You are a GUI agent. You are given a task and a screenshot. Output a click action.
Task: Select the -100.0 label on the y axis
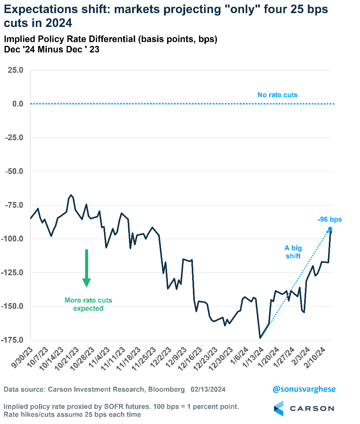(x=13, y=239)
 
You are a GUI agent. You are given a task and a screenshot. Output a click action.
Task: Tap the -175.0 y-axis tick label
(x=13, y=340)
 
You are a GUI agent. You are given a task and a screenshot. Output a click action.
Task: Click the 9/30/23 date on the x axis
(x=22, y=355)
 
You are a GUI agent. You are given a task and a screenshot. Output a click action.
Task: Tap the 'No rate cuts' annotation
(x=277, y=95)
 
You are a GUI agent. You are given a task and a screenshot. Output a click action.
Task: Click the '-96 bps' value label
(x=330, y=220)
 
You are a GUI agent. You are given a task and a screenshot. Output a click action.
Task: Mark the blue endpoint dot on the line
(x=330, y=229)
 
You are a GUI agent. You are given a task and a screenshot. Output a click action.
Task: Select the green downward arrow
(x=87, y=268)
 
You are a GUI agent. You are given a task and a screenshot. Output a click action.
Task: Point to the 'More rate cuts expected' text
(x=88, y=304)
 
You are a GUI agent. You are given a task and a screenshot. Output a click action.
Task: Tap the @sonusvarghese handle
(x=304, y=389)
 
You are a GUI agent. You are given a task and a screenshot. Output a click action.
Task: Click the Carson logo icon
(x=278, y=408)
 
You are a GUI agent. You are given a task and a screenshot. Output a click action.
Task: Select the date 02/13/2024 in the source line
(x=208, y=390)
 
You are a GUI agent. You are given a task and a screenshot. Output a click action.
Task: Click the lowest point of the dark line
(x=260, y=338)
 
